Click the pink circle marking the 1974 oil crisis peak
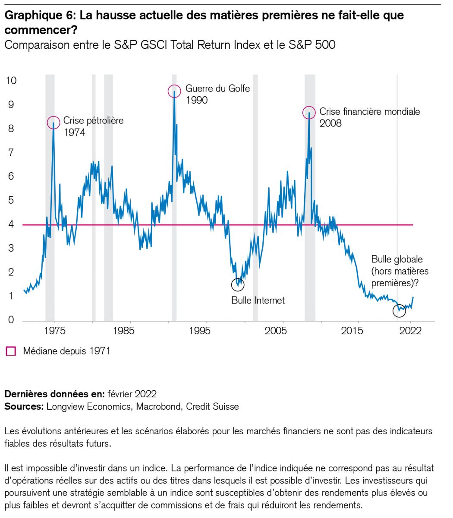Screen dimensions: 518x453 (x=53, y=122)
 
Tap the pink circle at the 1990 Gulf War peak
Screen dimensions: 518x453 (x=174, y=91)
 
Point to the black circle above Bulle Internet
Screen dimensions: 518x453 (x=238, y=284)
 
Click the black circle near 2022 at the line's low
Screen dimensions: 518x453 (x=400, y=310)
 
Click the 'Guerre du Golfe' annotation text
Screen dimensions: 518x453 (x=217, y=89)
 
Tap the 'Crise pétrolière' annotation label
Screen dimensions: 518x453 (x=93, y=120)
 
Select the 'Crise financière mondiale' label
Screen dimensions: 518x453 (x=369, y=111)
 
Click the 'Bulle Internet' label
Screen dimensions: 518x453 (x=258, y=300)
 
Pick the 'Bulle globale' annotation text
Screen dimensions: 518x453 (x=397, y=259)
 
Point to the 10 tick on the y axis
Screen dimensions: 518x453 (x=12, y=81)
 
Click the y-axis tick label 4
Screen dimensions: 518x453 (x=11, y=224)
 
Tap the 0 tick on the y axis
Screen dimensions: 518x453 (x=11, y=320)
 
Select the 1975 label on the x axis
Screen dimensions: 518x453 (x=54, y=331)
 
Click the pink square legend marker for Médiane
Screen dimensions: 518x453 (x=10, y=351)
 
